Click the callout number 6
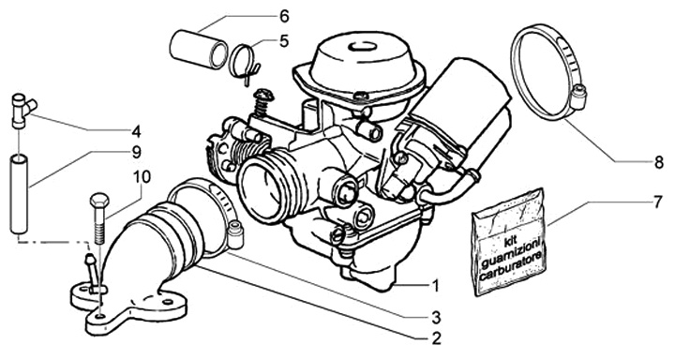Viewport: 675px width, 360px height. click(284, 16)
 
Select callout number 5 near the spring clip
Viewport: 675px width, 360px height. click(284, 41)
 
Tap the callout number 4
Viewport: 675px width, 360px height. click(136, 129)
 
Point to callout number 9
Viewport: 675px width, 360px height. click(136, 152)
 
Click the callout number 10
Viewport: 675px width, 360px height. click(142, 177)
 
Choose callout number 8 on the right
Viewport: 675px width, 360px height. click(658, 163)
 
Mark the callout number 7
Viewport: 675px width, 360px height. click(657, 202)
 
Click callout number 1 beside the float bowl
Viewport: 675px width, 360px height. click(435, 285)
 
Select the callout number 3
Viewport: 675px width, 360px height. click(436, 318)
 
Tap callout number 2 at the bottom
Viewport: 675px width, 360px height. click(436, 338)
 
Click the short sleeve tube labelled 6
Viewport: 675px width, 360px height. click(199, 50)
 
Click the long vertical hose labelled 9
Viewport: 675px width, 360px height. click(18, 195)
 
